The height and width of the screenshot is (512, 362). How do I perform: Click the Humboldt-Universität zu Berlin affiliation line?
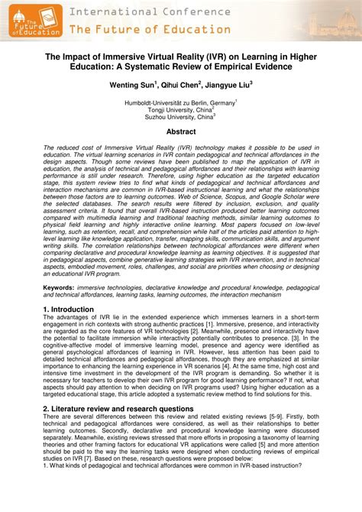[179, 102]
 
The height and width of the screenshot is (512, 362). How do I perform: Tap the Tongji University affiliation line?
[180, 109]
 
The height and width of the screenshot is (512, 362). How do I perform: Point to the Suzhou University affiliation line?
[180, 117]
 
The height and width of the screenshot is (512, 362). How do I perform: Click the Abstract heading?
[181, 131]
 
